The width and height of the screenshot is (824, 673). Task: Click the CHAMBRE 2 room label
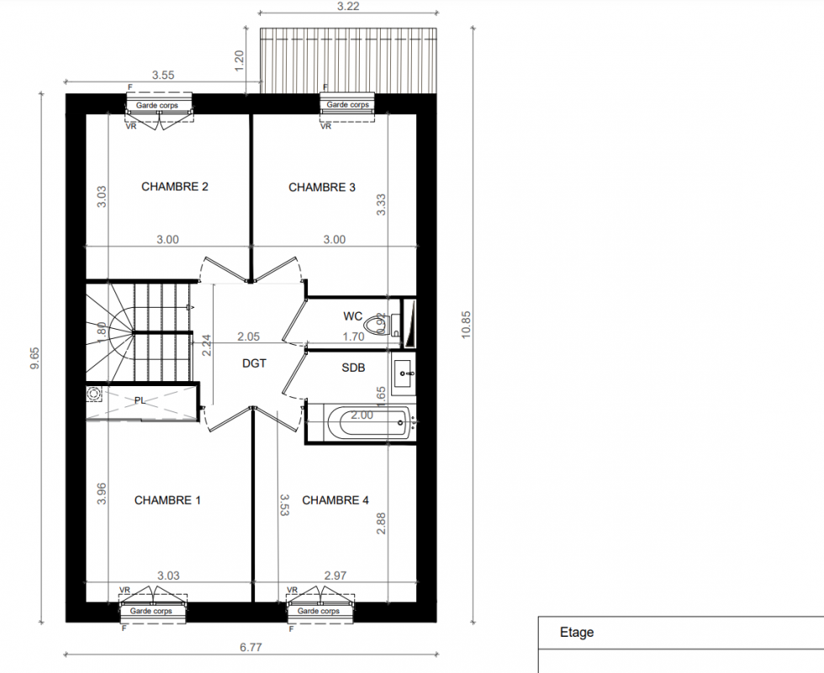tap(175, 187)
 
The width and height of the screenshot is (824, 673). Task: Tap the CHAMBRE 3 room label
tap(321, 187)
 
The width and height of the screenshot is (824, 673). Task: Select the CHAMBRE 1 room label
tap(167, 500)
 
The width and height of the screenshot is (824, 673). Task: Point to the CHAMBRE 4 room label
tap(335, 500)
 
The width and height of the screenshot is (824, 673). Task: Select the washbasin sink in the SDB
tap(404, 374)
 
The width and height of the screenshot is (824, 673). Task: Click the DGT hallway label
tap(254, 363)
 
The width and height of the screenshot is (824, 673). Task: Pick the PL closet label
tap(140, 400)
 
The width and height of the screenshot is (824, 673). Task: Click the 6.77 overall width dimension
tap(251, 647)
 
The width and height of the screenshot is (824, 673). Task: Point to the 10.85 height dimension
tap(466, 325)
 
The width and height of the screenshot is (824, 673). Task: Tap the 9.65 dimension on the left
tap(34, 358)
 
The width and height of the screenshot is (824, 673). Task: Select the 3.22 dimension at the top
tap(348, 7)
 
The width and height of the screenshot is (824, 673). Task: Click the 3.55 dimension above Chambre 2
tap(163, 75)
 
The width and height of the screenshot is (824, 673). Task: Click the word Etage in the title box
tap(577, 632)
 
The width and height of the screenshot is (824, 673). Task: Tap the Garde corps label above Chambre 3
tap(347, 104)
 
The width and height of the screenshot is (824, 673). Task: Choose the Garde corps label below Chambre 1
tap(151, 611)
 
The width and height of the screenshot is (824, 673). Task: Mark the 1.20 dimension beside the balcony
tap(239, 61)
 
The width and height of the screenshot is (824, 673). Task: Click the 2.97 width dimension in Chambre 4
tap(335, 575)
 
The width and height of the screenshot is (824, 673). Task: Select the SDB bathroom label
tap(353, 368)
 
